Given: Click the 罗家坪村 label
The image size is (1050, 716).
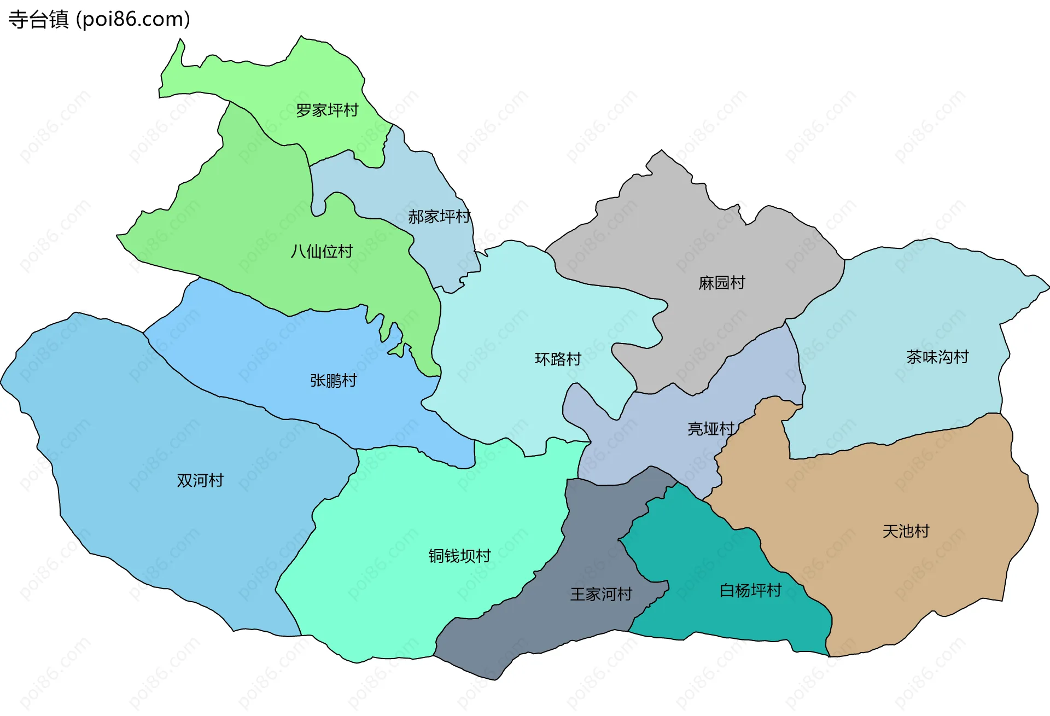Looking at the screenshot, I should click(327, 110).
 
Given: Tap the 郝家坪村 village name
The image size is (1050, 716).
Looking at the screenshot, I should click(439, 217).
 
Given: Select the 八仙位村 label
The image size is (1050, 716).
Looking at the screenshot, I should click(322, 252).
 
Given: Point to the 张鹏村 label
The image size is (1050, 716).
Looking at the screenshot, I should click(333, 380).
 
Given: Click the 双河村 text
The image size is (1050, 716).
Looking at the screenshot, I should click(200, 480).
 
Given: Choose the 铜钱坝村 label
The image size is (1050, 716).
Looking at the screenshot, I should click(459, 556).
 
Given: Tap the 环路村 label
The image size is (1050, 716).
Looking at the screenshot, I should click(558, 359).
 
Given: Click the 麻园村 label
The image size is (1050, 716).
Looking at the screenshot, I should click(722, 283).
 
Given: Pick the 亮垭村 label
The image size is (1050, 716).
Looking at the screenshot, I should click(710, 428).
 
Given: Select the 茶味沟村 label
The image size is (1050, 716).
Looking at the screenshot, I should click(937, 357).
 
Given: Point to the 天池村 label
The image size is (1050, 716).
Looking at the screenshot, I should click(906, 531).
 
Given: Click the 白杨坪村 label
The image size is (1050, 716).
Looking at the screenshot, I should click(750, 590).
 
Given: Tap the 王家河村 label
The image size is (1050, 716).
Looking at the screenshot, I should click(601, 594).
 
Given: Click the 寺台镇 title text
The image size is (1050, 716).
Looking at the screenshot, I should click(38, 20).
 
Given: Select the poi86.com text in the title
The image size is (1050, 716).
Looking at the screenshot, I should click(133, 20).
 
